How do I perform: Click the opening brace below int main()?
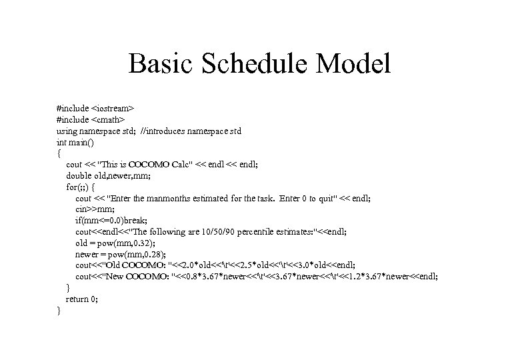click(59, 153)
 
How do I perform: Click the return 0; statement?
click(82, 299)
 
